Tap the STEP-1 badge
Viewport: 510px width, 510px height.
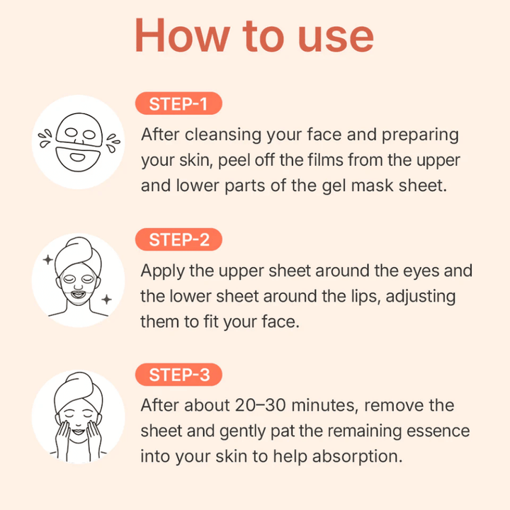click(x=178, y=104)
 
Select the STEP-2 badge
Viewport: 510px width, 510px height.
click(x=178, y=239)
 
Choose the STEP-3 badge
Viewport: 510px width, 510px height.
click(x=178, y=375)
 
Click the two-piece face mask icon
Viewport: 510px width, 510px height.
click(x=79, y=142)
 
